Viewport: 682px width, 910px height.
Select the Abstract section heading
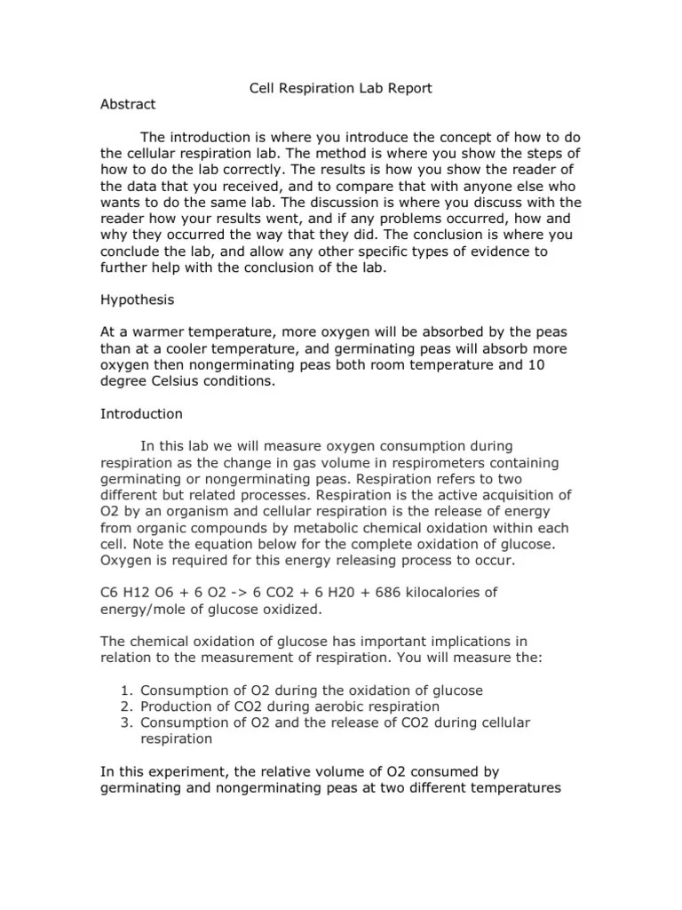coord(128,104)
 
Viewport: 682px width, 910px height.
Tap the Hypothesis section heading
coord(137,301)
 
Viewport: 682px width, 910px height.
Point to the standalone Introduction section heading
coord(141,413)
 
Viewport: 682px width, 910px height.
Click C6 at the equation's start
coord(109,591)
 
